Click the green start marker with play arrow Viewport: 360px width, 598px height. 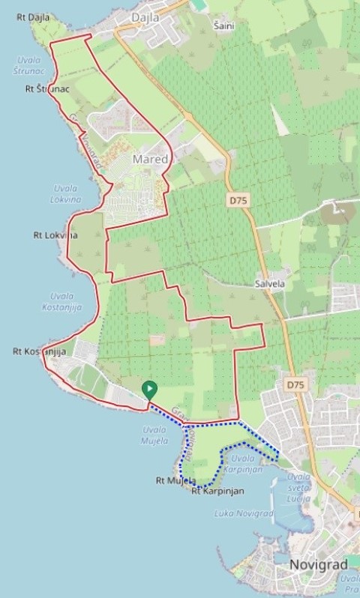150,389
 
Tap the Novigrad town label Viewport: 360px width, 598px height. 316,564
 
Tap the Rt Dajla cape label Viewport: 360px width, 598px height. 31,15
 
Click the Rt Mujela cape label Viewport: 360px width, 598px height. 175,480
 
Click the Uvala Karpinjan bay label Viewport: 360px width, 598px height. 247,464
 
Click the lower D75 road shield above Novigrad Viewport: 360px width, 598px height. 295,384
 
